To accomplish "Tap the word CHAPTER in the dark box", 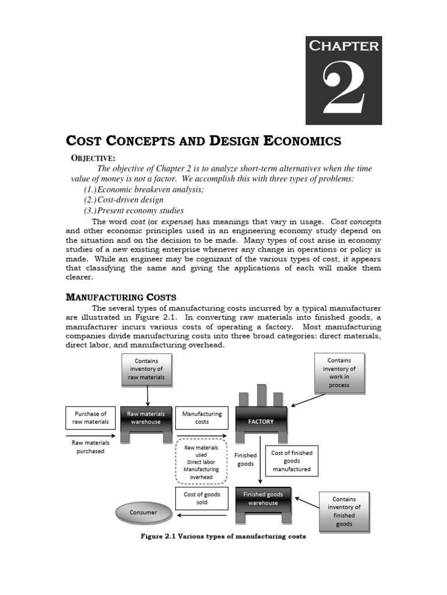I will [343, 46].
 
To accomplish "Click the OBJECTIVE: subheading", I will [93, 158].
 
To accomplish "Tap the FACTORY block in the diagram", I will [261, 421].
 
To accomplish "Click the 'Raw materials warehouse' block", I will [146, 418].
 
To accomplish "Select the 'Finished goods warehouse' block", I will [263, 499].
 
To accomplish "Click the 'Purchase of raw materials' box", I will [90, 418].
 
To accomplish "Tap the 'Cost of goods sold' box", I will [202, 499].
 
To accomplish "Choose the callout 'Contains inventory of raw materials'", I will [147, 370].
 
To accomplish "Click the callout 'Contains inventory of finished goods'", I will [345, 511].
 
